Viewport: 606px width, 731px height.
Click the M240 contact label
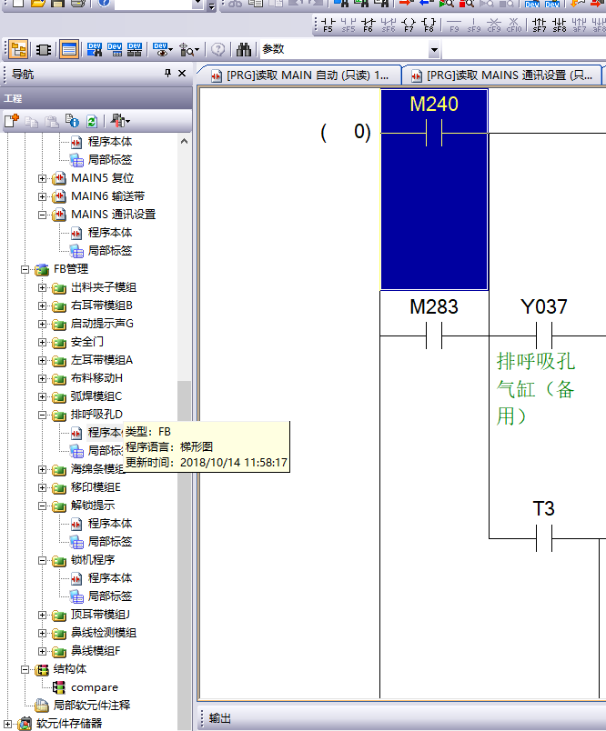point(434,104)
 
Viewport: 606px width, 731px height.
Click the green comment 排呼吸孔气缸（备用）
point(536,388)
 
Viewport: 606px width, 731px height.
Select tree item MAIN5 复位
point(102,178)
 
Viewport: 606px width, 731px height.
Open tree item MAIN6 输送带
point(107,196)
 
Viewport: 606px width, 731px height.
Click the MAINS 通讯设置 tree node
point(113,215)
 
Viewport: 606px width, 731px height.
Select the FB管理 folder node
point(71,269)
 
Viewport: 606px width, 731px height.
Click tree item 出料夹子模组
point(104,287)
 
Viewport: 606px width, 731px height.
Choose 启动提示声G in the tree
point(102,324)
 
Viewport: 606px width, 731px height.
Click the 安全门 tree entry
point(87,342)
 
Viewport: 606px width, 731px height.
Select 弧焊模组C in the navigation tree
point(96,396)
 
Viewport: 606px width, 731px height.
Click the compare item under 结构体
point(95,687)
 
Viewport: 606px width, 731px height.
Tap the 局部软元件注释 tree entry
point(91,706)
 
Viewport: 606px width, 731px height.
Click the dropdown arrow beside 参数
point(434,50)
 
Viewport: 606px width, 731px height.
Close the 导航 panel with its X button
point(182,74)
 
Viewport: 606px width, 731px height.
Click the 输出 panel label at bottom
point(219,718)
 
